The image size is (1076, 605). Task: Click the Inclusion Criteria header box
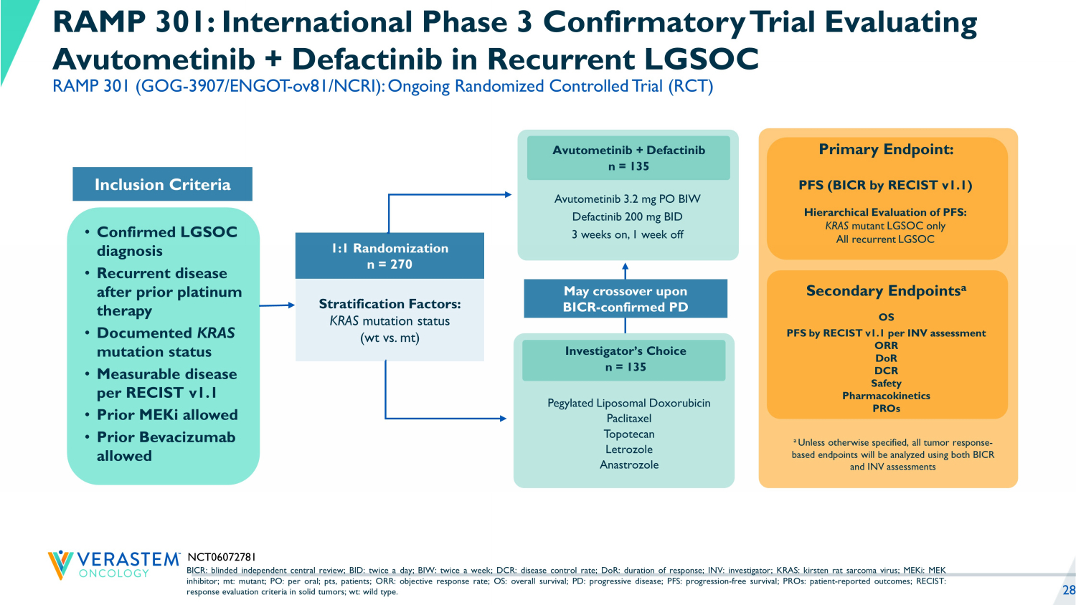click(x=162, y=184)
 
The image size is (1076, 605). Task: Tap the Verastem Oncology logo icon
click(x=60, y=564)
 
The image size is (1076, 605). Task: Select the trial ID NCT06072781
click(x=221, y=557)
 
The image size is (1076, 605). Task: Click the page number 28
click(x=1068, y=590)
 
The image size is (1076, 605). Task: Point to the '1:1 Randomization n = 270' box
click(x=390, y=256)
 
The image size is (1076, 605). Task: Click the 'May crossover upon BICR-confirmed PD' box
click(x=625, y=299)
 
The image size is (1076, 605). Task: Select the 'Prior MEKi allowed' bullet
click(x=166, y=414)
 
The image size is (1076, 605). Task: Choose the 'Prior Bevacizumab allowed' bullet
click(x=165, y=446)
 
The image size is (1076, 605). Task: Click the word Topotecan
click(x=628, y=434)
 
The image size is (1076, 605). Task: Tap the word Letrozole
click(x=628, y=449)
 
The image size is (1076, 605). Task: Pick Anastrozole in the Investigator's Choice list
click(x=628, y=465)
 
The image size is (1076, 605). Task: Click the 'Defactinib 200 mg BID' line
click(x=627, y=216)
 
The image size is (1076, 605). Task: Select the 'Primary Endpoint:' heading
click(x=886, y=149)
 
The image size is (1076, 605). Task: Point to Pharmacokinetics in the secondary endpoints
click(x=886, y=396)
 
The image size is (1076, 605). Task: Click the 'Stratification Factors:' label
click(x=390, y=304)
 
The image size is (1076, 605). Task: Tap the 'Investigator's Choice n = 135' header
click(x=625, y=358)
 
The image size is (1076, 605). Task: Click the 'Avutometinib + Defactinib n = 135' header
click(x=628, y=158)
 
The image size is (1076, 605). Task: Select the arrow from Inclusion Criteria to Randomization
click(x=277, y=305)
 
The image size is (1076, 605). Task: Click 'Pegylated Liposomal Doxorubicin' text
click(x=628, y=403)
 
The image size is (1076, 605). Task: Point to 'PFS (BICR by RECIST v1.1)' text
click(x=885, y=185)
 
